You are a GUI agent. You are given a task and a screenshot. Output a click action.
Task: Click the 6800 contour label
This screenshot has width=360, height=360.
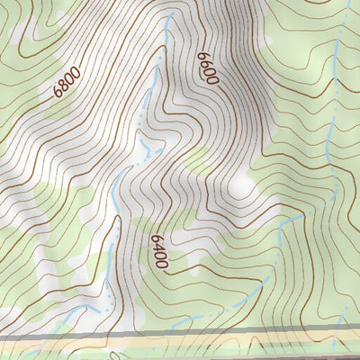[67, 80]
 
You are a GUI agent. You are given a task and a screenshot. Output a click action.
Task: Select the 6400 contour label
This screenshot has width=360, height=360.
[160, 251]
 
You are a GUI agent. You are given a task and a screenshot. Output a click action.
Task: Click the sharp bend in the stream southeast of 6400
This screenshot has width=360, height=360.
[279, 225]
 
